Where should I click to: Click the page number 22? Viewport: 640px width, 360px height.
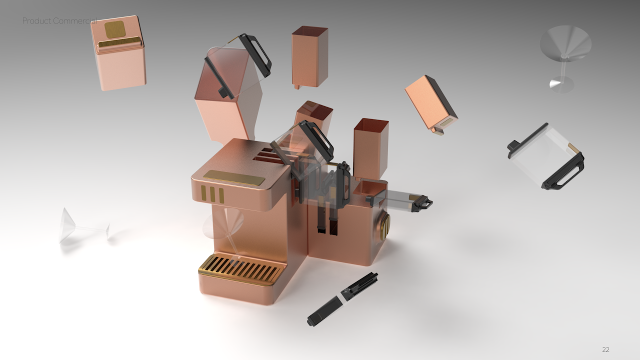tap(605, 349)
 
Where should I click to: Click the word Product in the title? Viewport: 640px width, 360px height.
tap(36, 21)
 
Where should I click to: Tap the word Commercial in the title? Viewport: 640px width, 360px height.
tap(75, 21)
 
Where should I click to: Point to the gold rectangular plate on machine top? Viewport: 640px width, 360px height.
tap(234, 177)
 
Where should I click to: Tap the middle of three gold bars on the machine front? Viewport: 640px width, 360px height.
tap(212, 194)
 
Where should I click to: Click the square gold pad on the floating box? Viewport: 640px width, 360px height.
tap(114, 29)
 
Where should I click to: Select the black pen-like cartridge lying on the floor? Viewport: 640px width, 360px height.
tap(342, 299)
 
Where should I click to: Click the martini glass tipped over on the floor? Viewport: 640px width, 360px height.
tap(83, 226)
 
